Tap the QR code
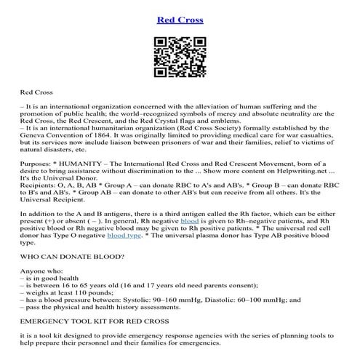[x=179, y=61]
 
